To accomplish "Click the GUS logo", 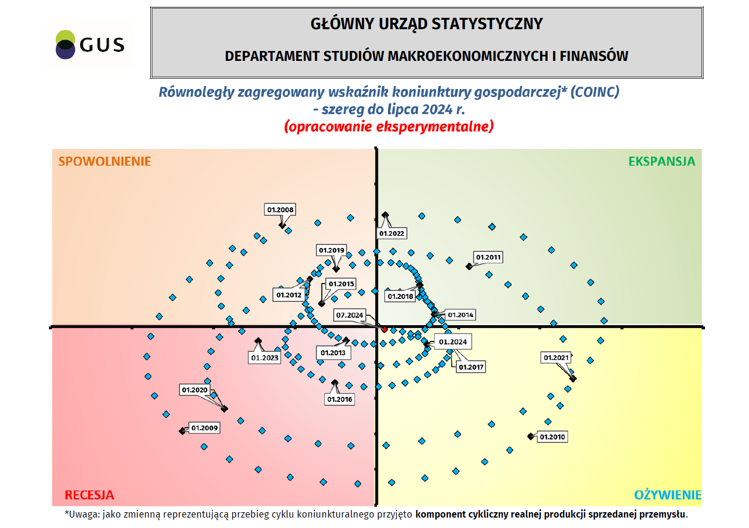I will [90, 45].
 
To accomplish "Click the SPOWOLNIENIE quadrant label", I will [105, 161].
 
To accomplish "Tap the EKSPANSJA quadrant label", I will [661, 161].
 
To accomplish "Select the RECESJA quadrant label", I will [89, 495].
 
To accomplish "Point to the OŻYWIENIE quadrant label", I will [667, 495].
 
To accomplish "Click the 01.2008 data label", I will [280, 210].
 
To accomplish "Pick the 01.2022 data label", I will [392, 234].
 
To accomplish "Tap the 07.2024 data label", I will [350, 315].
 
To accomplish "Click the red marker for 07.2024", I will [384, 329].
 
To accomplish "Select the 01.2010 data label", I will [552, 437].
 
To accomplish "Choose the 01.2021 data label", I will [556, 358].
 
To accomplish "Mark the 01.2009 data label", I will [205, 428].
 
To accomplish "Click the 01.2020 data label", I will [195, 390].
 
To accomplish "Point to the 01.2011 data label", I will [488, 257].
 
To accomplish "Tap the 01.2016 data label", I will [340, 399].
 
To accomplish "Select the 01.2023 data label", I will [264, 358].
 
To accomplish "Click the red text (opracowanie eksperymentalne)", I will [389, 127].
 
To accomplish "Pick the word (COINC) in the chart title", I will [595, 92].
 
